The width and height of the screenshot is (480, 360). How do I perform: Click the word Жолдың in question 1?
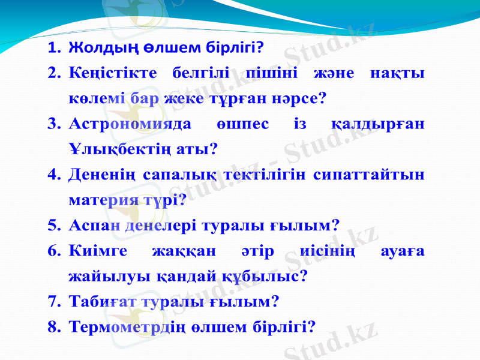(95, 47)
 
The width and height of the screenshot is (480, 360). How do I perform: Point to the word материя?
(98, 200)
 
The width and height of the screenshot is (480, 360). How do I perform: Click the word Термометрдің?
(127, 326)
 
